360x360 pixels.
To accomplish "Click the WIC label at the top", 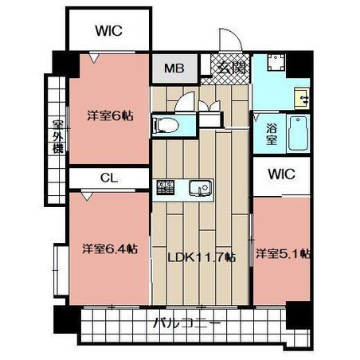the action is pyautogui.click(x=109, y=30).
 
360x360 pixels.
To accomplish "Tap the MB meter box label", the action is pyautogui.click(x=174, y=68).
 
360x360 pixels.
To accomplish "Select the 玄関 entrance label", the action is pyautogui.click(x=231, y=68).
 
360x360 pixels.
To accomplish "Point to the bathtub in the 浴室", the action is pyautogui.click(x=298, y=133).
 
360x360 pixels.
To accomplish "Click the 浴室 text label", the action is pyautogui.click(x=272, y=135).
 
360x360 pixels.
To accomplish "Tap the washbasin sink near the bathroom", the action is pyautogui.click(x=302, y=99).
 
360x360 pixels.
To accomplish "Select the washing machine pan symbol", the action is pyautogui.click(x=276, y=62).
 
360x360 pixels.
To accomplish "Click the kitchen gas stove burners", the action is pyautogui.click(x=165, y=187).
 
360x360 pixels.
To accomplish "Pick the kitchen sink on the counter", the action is pyautogui.click(x=201, y=188).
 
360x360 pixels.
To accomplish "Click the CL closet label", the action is pyautogui.click(x=109, y=178).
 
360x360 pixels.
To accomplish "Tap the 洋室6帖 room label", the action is pyautogui.click(x=110, y=115).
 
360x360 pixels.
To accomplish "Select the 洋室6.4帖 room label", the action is pyautogui.click(x=110, y=249).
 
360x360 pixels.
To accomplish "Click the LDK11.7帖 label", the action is pyautogui.click(x=202, y=257).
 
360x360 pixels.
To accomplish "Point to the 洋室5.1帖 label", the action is pyautogui.click(x=283, y=254).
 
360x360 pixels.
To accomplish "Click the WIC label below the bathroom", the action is pyautogui.click(x=281, y=174).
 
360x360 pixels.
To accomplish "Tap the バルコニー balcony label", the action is pyautogui.click(x=187, y=323).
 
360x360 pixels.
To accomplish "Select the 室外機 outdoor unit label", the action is pyautogui.click(x=58, y=137).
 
